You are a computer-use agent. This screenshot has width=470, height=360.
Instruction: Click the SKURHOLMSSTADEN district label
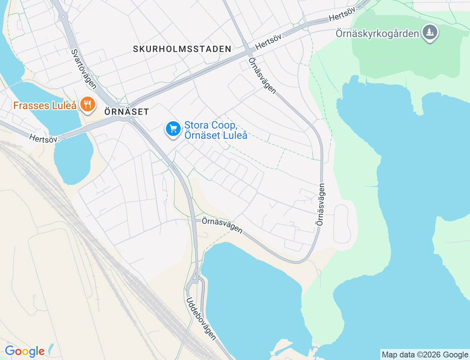pos(182,49)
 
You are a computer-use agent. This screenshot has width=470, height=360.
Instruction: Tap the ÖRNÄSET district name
pos(127,112)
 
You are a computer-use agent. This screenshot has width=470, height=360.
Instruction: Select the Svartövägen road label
pos(84,69)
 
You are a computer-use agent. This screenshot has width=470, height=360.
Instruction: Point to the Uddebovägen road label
pos(201,318)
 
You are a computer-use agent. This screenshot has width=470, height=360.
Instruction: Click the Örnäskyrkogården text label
pos(377,34)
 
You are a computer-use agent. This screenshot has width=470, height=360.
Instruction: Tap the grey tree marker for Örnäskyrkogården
pos(430,32)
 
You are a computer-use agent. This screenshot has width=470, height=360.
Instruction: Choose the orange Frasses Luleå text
pos(45,106)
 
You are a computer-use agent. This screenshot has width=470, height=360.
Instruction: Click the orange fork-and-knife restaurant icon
pos(87,105)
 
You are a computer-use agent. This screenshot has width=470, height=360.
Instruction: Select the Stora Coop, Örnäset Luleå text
pos(216,130)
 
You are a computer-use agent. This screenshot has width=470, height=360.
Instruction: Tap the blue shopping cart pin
pos(173,129)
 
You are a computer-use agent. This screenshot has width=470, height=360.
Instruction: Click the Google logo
pos(25,351)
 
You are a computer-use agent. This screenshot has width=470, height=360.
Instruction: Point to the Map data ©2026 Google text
pos(425,354)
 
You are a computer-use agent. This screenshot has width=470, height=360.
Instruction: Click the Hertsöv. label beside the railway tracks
pos(44,138)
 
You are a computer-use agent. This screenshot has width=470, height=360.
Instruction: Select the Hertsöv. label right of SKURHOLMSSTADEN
pos(270,42)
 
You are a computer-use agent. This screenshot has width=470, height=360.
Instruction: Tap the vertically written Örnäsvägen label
pos(321,205)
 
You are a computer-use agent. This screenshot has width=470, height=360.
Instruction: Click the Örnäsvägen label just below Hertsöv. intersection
pos(262,76)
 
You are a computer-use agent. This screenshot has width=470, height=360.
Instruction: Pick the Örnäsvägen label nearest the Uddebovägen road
pos(222,225)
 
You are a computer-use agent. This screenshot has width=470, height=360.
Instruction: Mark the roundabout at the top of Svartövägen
pos(63,17)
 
